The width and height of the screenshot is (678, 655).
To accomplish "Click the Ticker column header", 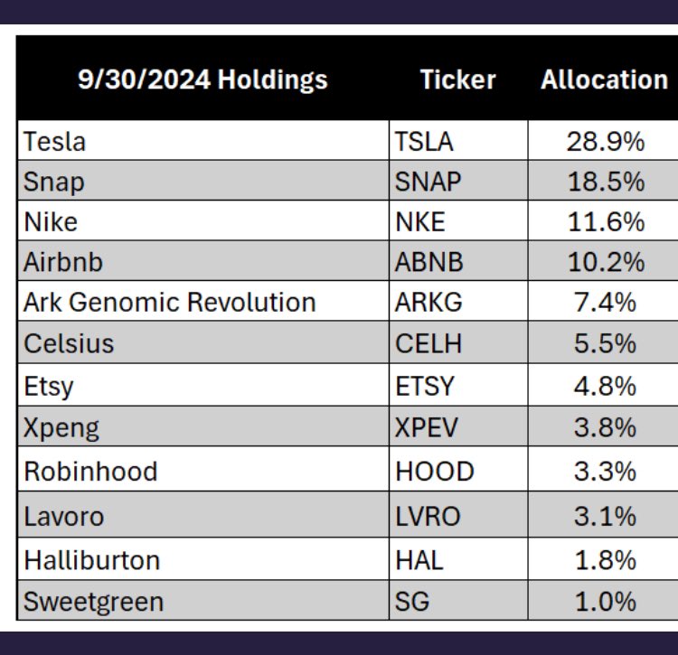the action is coord(457,80).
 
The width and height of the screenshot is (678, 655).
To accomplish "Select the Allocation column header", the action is coord(604,80).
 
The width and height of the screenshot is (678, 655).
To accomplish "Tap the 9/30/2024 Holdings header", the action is coord(202,80).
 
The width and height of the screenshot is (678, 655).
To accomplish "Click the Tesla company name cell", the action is coord(54,141).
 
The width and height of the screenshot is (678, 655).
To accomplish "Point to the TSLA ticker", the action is coord(424,141).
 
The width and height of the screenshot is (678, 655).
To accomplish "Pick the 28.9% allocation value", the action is coord(606,141).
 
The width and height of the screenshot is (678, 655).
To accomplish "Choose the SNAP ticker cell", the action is coord(428,182).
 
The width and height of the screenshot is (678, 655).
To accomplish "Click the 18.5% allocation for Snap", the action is coord(606,182).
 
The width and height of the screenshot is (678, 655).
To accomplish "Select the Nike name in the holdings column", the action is coord(51,221).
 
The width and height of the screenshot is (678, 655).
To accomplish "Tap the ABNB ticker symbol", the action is coord(428,262).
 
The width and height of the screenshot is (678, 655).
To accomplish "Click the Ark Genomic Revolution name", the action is coord(170,302).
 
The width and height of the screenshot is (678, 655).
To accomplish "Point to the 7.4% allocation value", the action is coord(605,302).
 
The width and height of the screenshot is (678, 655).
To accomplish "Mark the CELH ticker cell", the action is coord(428,343).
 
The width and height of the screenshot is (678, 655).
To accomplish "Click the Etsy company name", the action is coord(49,386).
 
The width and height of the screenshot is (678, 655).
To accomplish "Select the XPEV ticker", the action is coord(426,427).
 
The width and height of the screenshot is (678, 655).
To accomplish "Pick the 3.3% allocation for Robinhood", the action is coord(605,471).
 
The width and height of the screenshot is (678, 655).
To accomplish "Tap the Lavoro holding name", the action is coord(63,516).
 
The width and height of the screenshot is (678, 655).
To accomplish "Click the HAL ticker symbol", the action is coord(419,560).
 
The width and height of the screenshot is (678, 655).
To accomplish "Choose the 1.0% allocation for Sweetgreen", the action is coord(606,602).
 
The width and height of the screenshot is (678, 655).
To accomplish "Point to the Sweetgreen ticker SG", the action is coord(412,602).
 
